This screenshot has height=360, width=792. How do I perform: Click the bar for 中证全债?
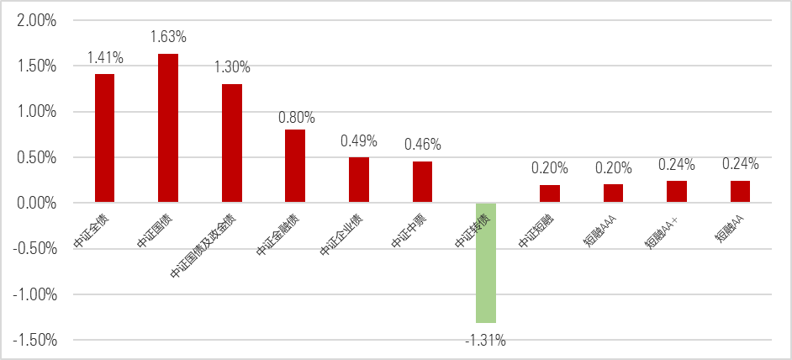coord(104,139)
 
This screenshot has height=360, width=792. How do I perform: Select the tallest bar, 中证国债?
coord(168,129)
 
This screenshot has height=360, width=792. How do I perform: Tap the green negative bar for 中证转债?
coord(486,262)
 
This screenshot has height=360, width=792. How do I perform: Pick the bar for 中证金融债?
coord(295,167)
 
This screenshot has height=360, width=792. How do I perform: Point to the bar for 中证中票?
coord(422,182)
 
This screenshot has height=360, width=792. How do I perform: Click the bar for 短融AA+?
coord(677,192)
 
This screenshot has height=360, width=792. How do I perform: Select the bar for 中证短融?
coord(550,193)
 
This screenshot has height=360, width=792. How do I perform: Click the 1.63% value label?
coord(168,37)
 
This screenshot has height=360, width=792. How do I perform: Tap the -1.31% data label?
coord(486,340)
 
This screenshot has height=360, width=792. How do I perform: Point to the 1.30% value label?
coord(232,67)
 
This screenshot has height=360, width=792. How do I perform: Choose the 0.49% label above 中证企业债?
coord(359,140)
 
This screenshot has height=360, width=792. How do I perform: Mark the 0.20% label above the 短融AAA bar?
coord(613,167)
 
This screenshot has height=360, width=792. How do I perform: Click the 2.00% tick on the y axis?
coord(36,20)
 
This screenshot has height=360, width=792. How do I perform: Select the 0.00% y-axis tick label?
coord(36,203)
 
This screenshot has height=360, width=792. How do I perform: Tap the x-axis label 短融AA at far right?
coord(731,226)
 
